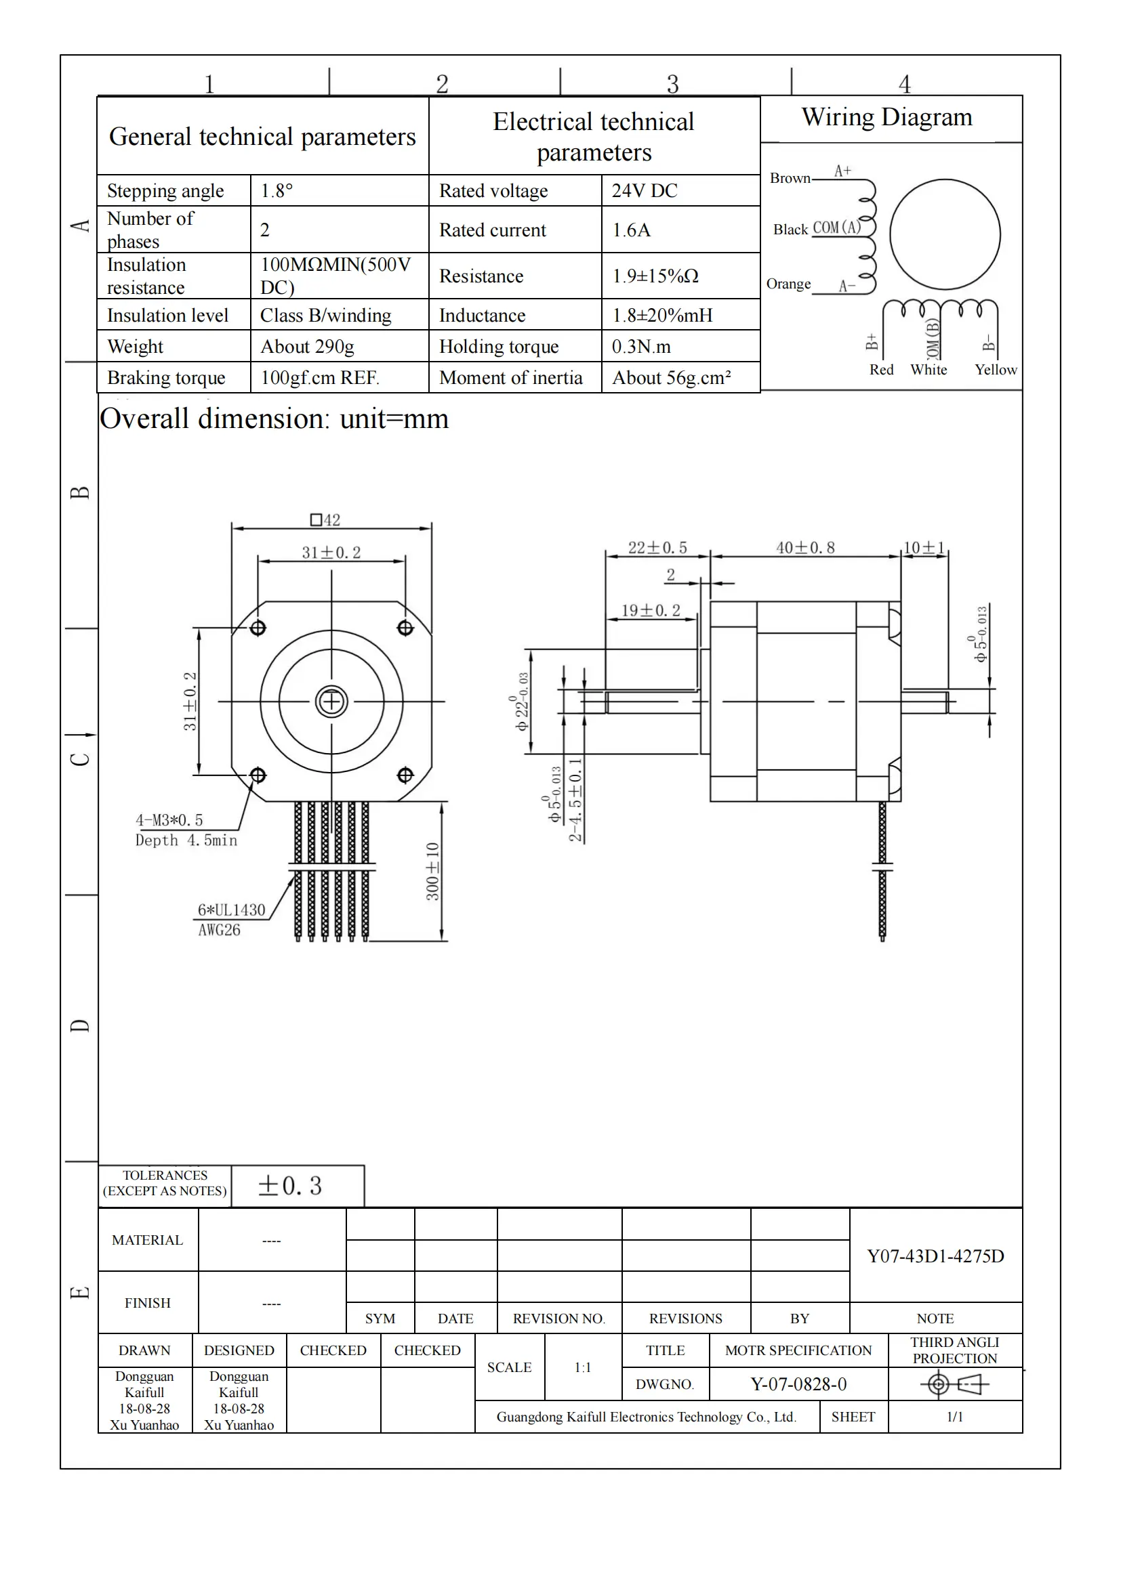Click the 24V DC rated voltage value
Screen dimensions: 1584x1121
644,191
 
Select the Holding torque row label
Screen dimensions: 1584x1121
498,346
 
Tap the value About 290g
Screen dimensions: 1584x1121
307,346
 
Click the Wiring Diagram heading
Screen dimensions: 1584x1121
886,117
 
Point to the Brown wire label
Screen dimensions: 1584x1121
790,178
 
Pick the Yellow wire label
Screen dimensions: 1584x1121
996,370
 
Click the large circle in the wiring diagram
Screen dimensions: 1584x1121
944,234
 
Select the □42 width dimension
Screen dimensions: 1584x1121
325,520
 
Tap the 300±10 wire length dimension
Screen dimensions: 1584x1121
433,872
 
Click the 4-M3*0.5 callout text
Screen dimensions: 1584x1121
169,820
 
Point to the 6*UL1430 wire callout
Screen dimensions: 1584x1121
231,910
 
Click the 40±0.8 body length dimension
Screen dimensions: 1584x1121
805,548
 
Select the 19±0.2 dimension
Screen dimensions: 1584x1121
650,611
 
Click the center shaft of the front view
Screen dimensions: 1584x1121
331,702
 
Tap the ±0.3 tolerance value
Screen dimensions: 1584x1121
289,1186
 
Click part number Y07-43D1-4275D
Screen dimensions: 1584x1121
935,1256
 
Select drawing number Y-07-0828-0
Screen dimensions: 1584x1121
798,1384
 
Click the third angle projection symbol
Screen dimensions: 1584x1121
954,1384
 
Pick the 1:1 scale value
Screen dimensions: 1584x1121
583,1367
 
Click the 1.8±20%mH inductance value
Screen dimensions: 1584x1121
662,316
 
